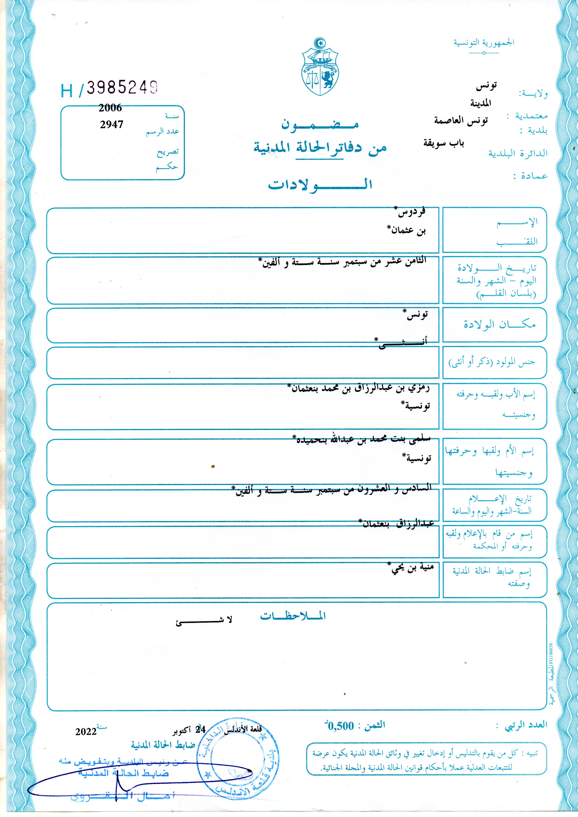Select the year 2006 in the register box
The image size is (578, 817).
[x=110, y=108]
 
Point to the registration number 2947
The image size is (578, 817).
[x=111, y=124]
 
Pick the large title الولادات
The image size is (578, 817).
[x=320, y=184]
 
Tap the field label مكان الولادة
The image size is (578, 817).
[x=499, y=324]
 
